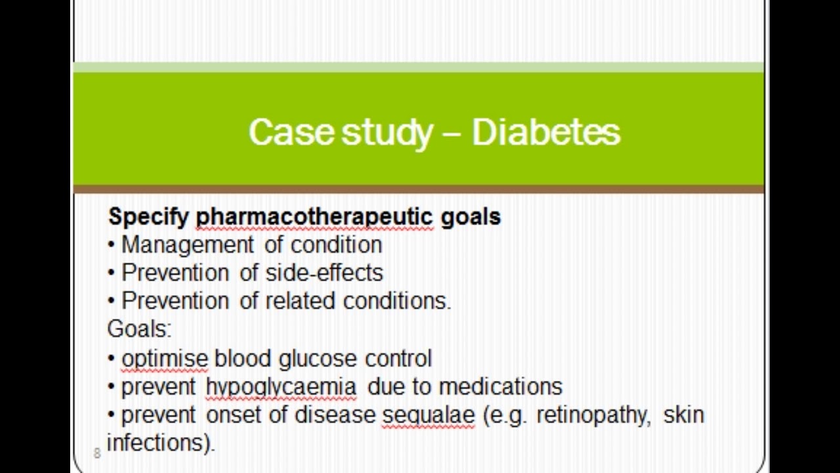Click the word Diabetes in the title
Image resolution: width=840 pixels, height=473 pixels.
[x=545, y=132]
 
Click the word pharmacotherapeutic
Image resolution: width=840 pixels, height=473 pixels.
[x=314, y=217]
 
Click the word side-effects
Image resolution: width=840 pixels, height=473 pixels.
[x=324, y=273]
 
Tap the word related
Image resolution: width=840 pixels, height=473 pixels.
[x=301, y=301]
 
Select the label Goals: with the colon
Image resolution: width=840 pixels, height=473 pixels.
[x=138, y=328]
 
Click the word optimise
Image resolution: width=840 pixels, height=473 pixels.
[x=165, y=359]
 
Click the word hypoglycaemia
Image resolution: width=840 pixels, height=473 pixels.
[x=281, y=387]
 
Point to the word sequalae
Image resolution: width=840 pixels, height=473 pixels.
[x=428, y=415]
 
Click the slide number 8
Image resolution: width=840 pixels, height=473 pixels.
[x=97, y=453]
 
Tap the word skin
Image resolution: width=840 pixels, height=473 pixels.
[x=683, y=415]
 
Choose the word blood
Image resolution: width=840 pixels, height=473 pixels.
[x=242, y=359]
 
